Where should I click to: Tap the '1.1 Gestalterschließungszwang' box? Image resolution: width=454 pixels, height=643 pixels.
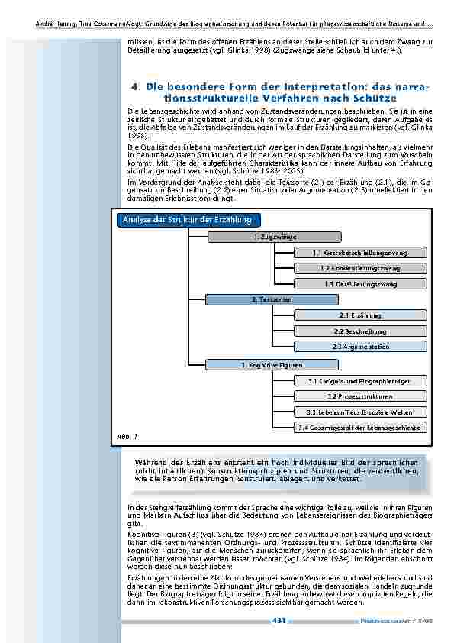tap(360, 253)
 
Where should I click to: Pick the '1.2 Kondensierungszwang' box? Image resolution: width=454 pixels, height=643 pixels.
tap(360, 268)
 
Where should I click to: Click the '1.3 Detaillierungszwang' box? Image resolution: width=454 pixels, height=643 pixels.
tap(360, 284)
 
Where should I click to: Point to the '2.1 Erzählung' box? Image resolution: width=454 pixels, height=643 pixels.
tap(360, 315)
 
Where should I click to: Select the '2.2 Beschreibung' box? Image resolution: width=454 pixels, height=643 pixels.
tap(360, 331)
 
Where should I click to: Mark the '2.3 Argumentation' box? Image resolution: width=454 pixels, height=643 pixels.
tap(360, 347)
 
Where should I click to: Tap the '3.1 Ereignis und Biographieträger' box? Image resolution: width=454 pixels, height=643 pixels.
tap(360, 380)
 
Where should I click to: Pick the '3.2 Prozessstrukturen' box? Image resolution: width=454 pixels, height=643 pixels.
tap(360, 396)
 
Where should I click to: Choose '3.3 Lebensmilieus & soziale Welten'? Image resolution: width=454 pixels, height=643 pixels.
tap(360, 412)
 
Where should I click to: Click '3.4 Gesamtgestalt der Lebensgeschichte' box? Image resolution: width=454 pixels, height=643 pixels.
tap(360, 428)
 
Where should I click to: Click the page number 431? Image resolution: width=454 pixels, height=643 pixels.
tap(279, 621)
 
